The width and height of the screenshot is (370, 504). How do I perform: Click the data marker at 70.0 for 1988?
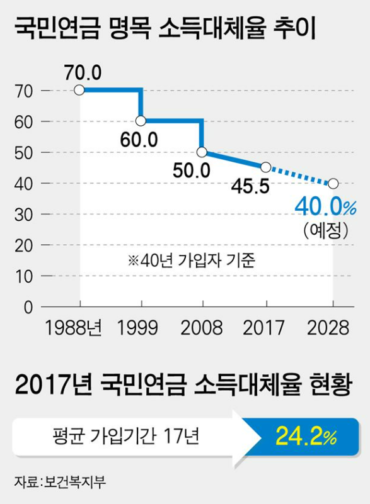point(79,90)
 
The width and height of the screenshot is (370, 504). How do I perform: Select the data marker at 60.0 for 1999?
point(141,121)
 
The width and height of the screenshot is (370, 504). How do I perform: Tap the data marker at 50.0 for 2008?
point(202,152)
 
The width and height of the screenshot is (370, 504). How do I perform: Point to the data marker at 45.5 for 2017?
point(265,167)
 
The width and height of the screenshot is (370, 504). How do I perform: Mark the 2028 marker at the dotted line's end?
point(333,183)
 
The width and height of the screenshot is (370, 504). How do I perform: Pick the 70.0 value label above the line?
point(83,72)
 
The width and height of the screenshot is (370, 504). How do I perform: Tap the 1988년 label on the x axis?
point(73,328)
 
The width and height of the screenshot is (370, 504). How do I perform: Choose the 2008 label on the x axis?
point(202,328)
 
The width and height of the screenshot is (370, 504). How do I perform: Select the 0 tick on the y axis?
point(28,307)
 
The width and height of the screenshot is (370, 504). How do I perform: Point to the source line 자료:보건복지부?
point(60,482)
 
